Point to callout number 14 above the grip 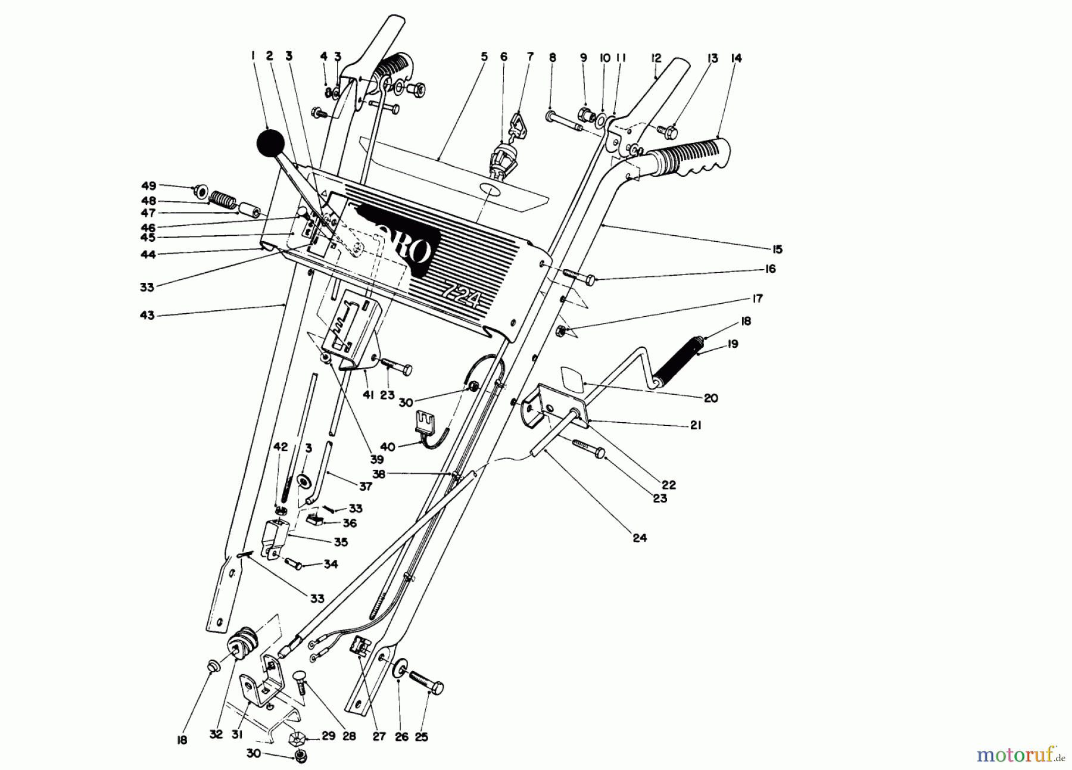737,58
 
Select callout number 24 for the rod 639,538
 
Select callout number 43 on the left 147,315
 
